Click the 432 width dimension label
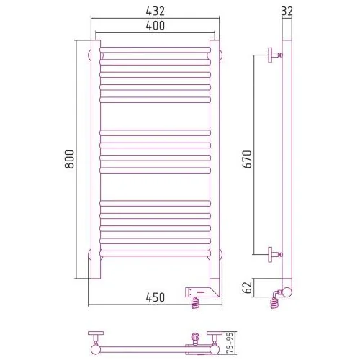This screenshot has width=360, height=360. [x=156, y=11]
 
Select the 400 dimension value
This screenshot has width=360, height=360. [x=156, y=26]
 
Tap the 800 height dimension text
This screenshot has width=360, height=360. [x=70, y=159]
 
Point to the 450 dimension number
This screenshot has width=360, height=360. [x=156, y=297]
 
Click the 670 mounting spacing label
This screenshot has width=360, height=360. [x=247, y=159]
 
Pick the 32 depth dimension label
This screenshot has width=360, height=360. [x=287, y=11]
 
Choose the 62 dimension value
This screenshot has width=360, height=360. [x=247, y=287]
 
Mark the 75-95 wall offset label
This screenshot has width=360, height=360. [x=230, y=343]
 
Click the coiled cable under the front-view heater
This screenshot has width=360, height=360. [x=195, y=303]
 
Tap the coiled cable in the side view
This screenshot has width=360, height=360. [x=274, y=303]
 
